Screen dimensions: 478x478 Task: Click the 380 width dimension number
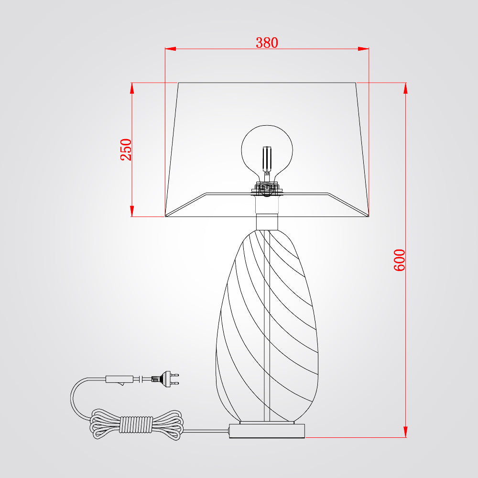(x=267, y=43)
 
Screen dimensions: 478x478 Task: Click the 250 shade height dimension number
(x=126, y=149)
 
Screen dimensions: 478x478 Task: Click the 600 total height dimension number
(x=399, y=260)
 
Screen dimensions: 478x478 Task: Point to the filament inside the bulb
(x=267, y=160)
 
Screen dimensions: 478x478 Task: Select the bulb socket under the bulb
(x=267, y=188)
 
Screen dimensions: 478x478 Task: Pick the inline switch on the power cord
(x=119, y=380)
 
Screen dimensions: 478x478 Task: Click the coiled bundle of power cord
(x=137, y=424)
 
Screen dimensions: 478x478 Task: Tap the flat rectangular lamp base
(x=267, y=431)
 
